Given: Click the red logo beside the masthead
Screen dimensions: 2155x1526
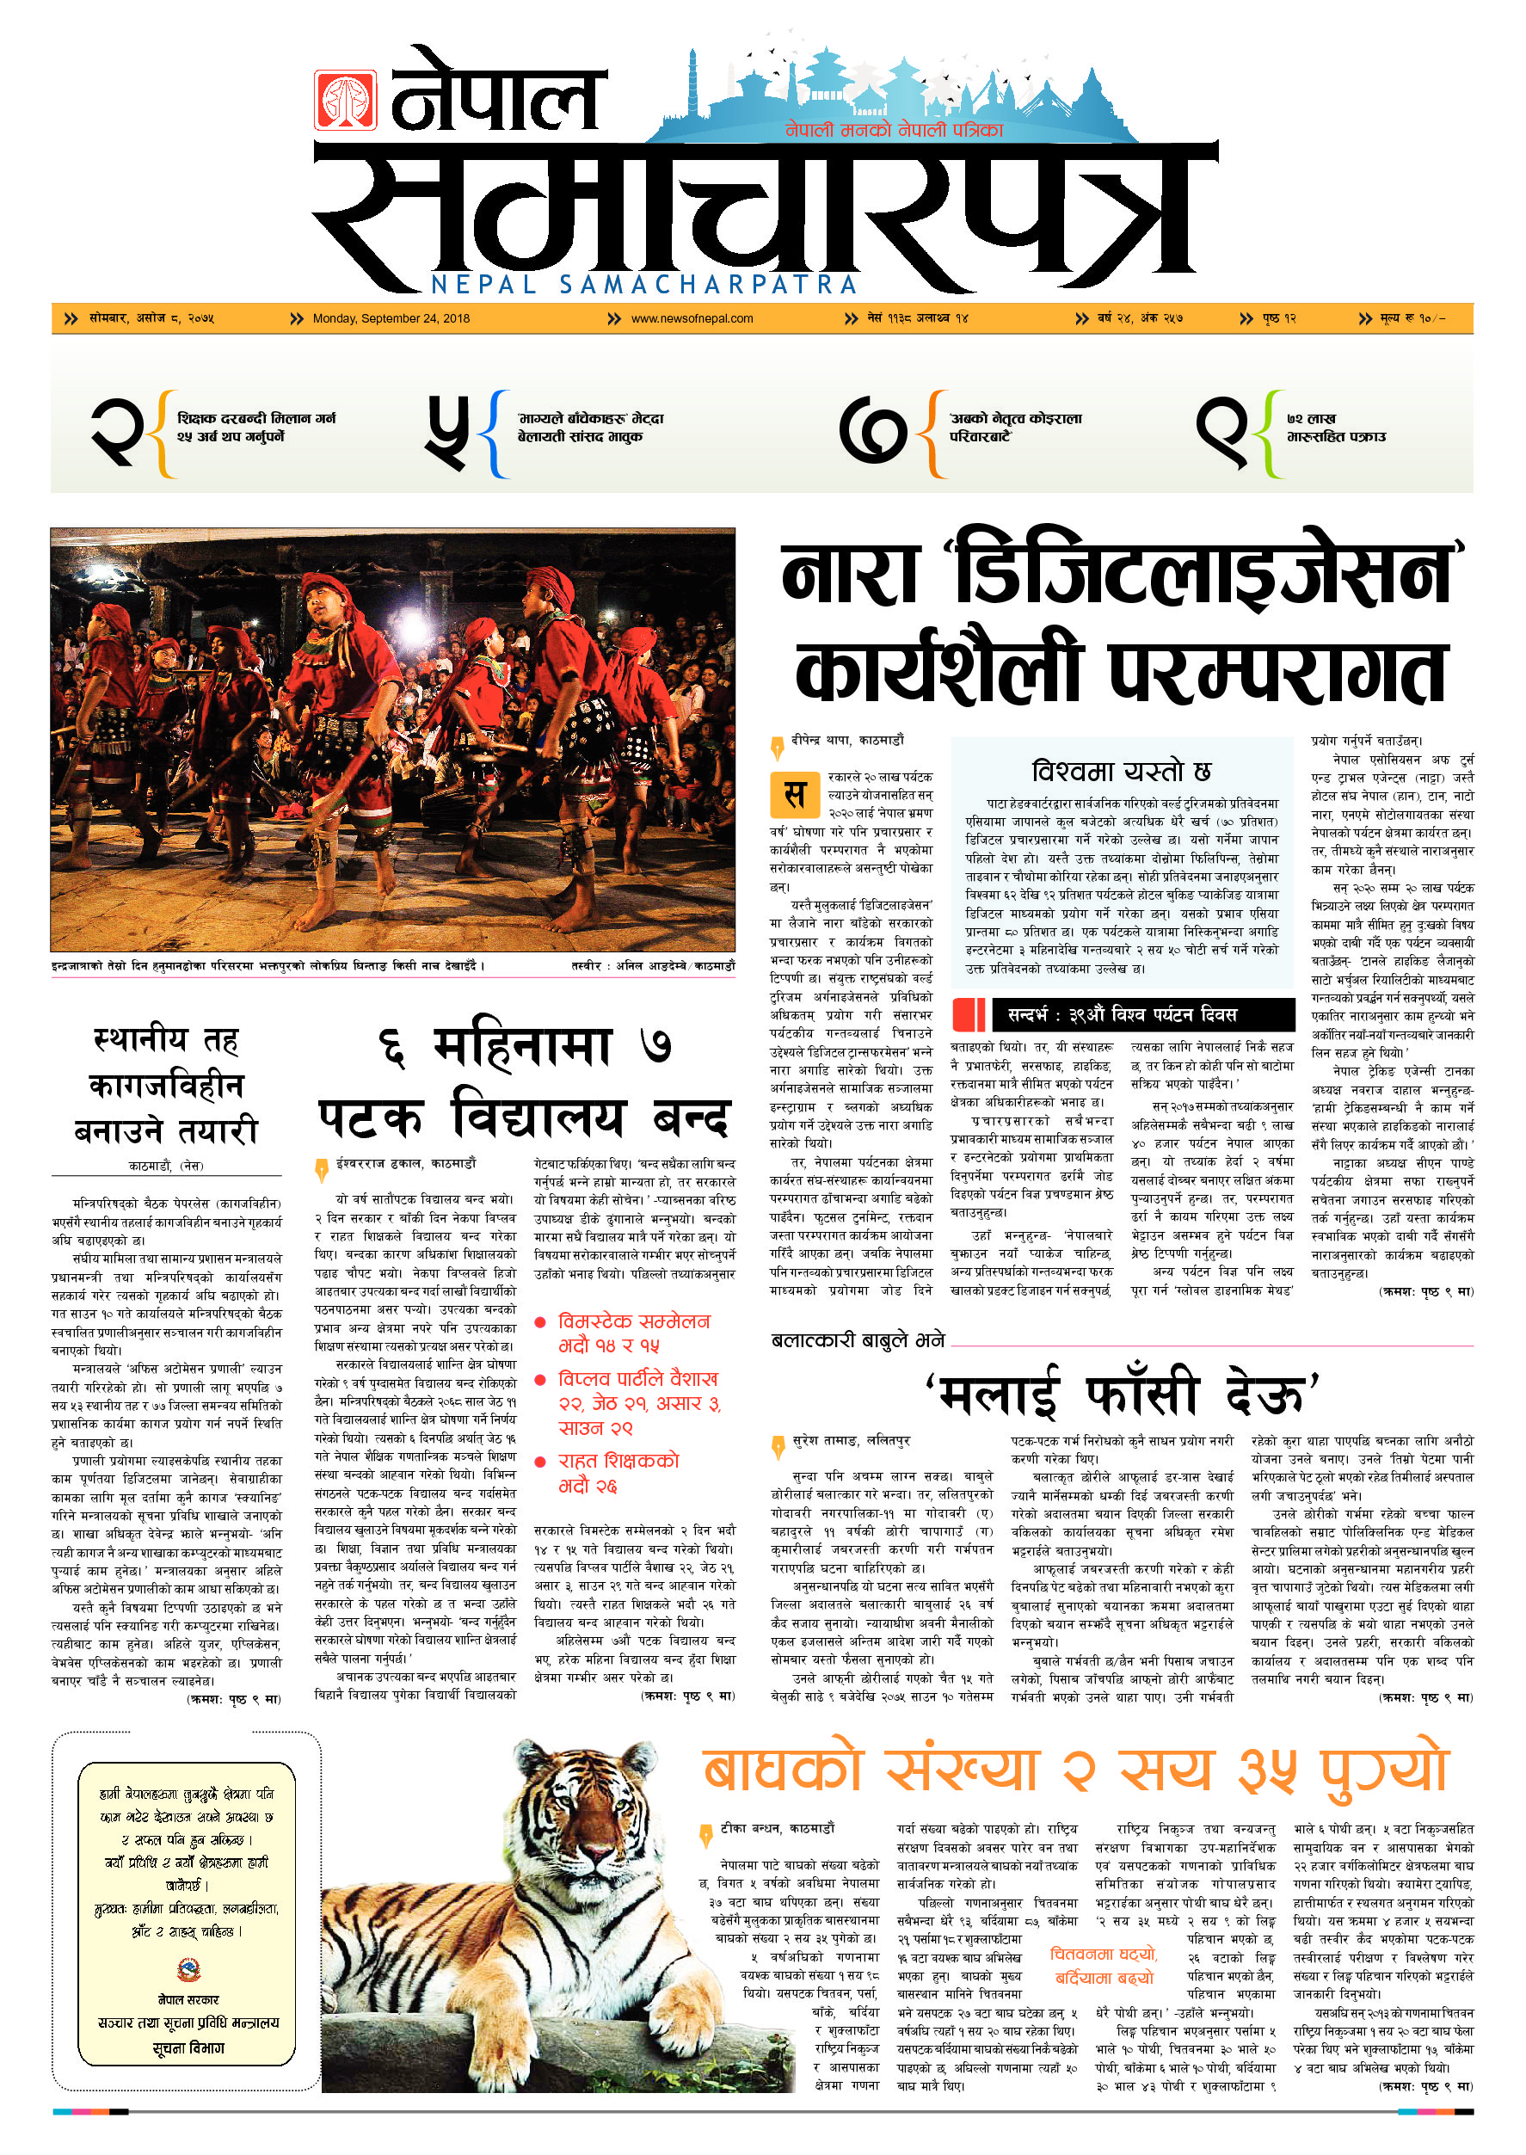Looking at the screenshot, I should coord(345,100).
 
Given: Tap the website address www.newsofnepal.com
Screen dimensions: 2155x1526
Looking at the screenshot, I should coord(692,318).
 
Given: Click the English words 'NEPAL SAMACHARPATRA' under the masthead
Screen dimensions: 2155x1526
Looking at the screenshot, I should coord(644,285).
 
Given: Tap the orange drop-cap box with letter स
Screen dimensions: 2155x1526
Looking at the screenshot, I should coord(794,794).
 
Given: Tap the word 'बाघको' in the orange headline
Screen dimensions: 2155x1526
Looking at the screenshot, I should coord(783,1770).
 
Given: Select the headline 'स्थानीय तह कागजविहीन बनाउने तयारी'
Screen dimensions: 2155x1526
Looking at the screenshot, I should coord(166,1086).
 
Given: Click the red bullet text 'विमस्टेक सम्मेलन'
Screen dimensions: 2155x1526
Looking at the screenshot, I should coord(634,1321).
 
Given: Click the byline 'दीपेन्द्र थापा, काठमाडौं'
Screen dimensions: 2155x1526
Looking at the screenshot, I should coord(847,741).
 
